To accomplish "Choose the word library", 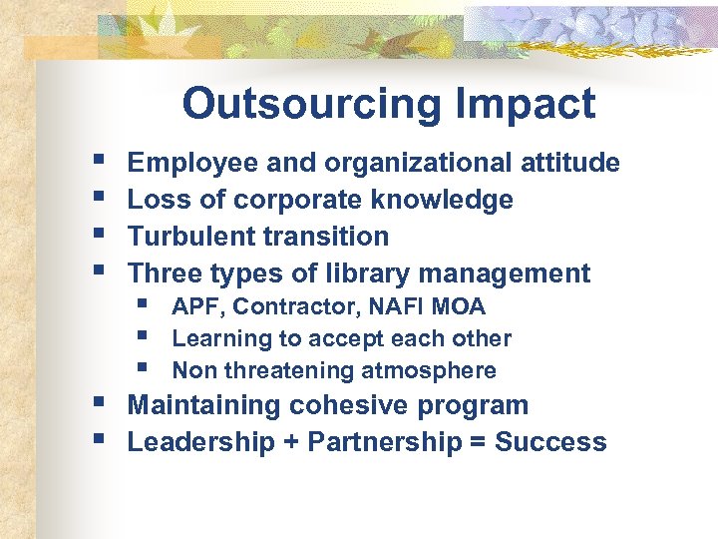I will [x=373, y=272].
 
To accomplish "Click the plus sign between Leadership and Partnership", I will [x=291, y=442].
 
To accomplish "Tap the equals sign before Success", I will [x=479, y=442].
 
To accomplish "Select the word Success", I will [x=550, y=442].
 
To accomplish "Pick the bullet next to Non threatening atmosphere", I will [x=145, y=368].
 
